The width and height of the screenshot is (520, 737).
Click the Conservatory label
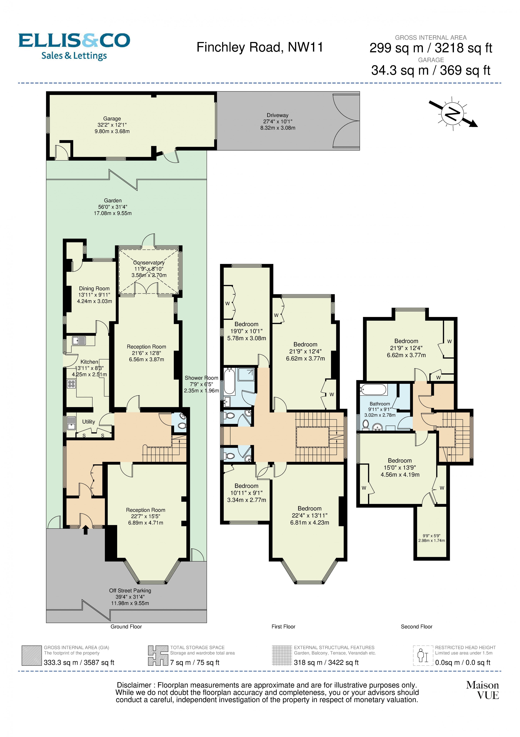pos(149,263)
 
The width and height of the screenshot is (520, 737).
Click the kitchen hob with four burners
pos(71,384)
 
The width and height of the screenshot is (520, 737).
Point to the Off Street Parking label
pos(130,591)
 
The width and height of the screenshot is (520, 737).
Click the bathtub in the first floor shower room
pos(229,382)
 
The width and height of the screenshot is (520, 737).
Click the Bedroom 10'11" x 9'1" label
pos(246,486)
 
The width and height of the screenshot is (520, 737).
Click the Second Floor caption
pos(416,627)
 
